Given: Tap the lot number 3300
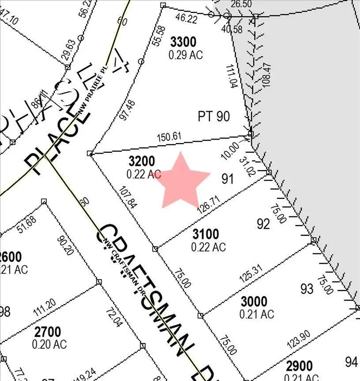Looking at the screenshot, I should click(x=183, y=42).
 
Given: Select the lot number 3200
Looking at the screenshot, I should click(x=142, y=161).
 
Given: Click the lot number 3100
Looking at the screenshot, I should click(x=205, y=234).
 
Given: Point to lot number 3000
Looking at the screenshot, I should click(x=254, y=302).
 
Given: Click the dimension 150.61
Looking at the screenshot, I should click(x=169, y=137).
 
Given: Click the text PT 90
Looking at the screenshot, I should click(x=214, y=117).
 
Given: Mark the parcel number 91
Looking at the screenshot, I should click(x=227, y=179).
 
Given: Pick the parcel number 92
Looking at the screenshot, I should click(x=263, y=224).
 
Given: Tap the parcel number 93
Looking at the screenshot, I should click(x=307, y=289).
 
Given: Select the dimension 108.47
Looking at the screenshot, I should click(x=266, y=77).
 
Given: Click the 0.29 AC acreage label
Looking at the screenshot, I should click(x=186, y=55).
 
